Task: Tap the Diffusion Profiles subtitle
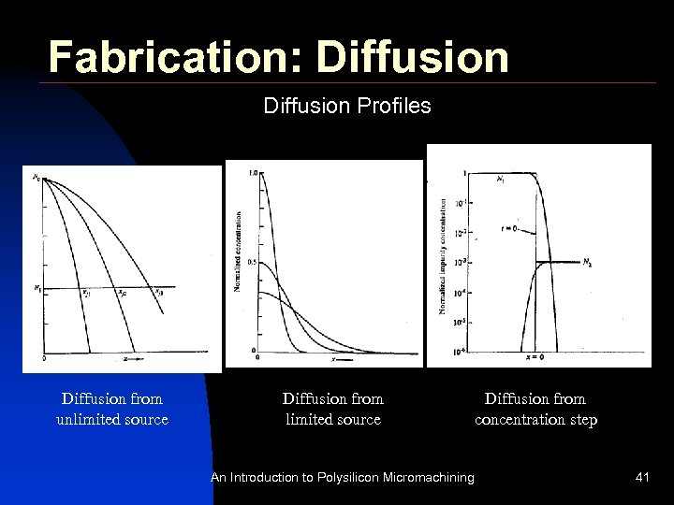(x=347, y=106)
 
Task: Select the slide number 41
(x=642, y=478)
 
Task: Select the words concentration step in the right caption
(x=535, y=419)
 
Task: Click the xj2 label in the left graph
(x=122, y=293)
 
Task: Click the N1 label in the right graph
(x=502, y=179)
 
